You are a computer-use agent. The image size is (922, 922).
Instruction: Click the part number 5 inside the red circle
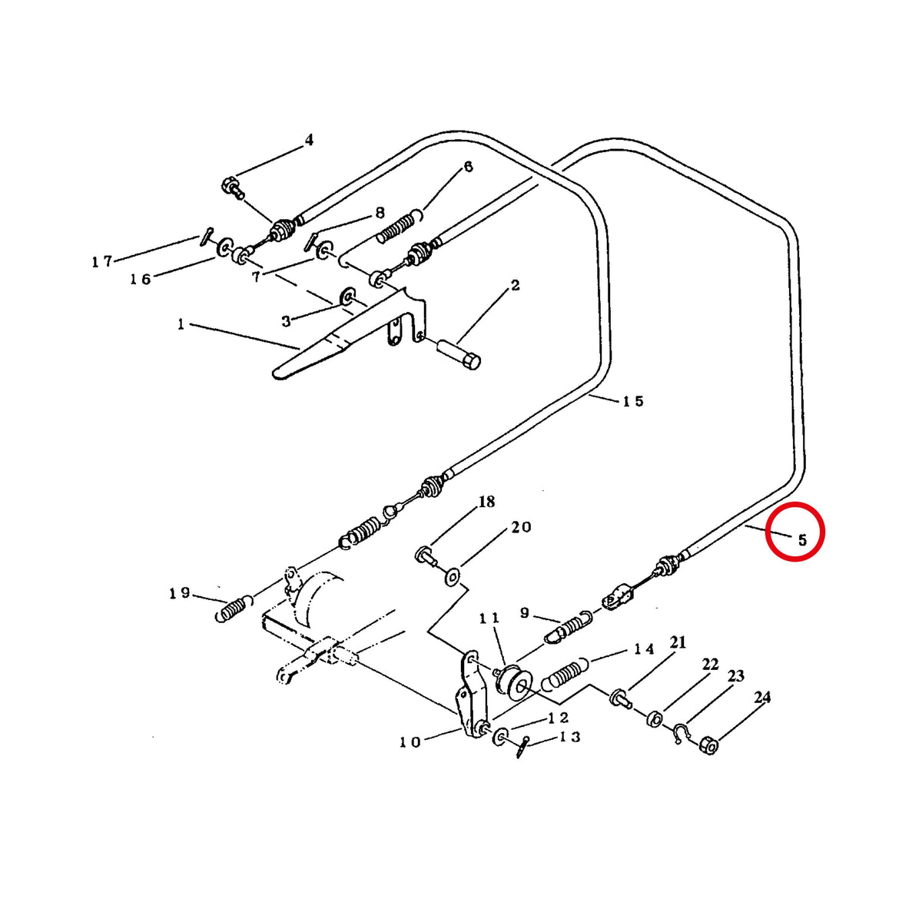coord(802,540)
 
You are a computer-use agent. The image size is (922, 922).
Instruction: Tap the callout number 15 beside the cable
coord(633,401)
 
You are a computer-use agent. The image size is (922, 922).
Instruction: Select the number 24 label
coord(762,698)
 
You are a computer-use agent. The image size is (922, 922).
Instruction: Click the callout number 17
coord(102,262)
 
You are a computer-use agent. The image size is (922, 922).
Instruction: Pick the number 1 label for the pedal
coord(181,324)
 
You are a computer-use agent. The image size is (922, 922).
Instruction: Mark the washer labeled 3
coord(347,297)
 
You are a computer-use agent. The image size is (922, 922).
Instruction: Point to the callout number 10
coord(410,742)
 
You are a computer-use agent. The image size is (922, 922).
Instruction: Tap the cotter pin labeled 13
coord(523,747)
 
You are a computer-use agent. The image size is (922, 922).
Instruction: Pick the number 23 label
coord(736,676)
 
